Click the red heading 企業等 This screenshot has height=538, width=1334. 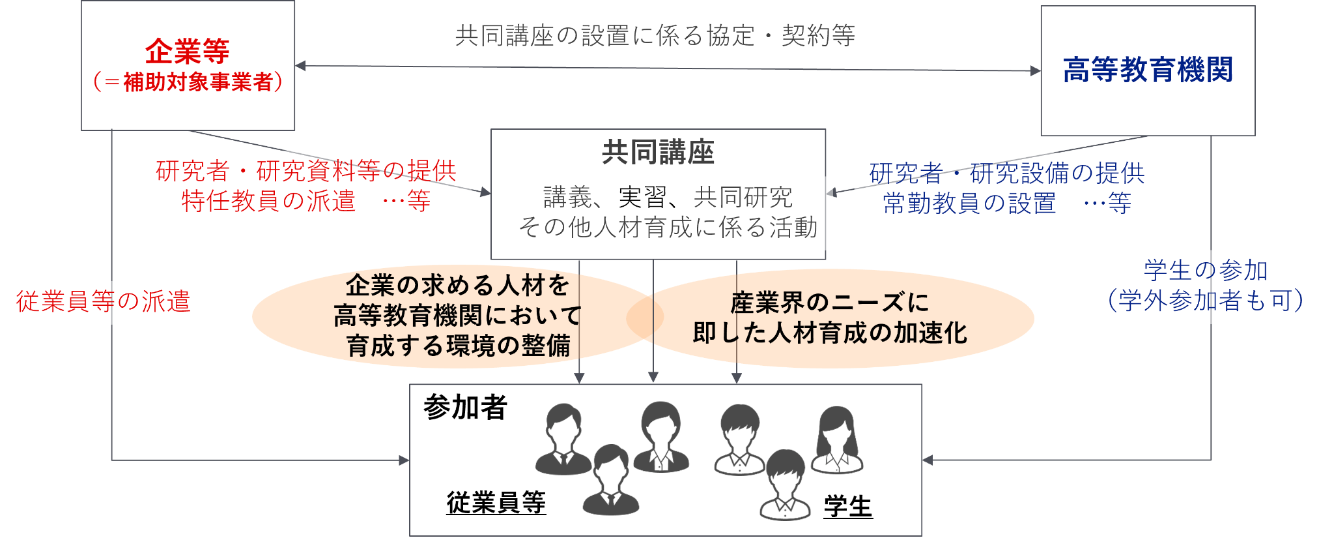[187, 51]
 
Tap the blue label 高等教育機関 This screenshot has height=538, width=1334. [1148, 70]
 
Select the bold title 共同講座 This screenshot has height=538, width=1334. [658, 153]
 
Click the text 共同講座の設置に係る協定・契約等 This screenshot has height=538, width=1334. [655, 35]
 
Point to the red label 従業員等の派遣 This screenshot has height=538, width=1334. [103, 301]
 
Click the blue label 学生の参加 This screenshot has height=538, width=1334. [1206, 270]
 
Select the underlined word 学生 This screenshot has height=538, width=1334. [847, 506]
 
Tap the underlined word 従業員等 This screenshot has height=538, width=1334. [496, 503]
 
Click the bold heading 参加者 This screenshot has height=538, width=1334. [465, 407]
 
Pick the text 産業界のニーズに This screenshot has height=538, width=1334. [829, 303]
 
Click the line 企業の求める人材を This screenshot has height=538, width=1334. [457, 285]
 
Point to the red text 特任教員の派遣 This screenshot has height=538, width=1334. [268, 201]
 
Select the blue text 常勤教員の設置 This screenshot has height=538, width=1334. [969, 203]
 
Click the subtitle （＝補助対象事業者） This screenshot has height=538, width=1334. [188, 82]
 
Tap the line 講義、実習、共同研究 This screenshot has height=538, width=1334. [668, 197]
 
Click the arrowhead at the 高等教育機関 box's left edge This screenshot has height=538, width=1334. [1036, 70]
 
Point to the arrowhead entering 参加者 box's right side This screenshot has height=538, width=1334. [928, 460]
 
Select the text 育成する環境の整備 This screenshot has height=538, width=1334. [458, 346]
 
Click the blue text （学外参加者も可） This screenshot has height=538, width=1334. [1206, 300]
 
